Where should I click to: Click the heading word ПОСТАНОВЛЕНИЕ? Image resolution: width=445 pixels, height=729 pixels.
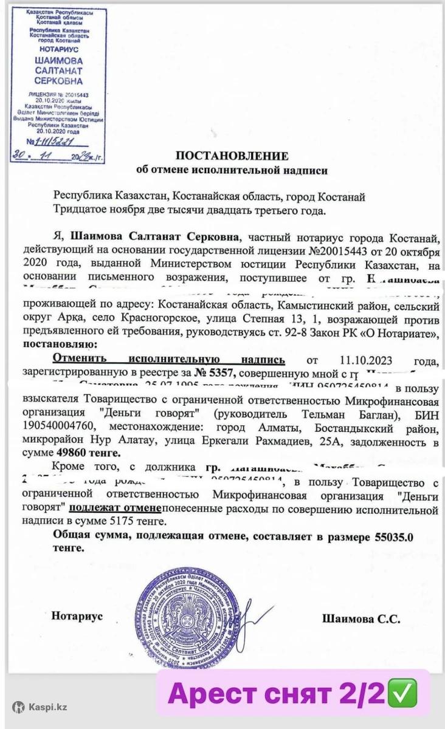click(233, 156)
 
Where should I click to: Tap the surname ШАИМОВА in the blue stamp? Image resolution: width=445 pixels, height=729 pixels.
click(59, 61)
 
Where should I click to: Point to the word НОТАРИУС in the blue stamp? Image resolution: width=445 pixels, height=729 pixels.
click(59, 47)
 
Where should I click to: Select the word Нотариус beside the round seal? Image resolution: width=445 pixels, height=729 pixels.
click(77, 616)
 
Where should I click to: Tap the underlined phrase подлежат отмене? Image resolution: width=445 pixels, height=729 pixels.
click(115, 509)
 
